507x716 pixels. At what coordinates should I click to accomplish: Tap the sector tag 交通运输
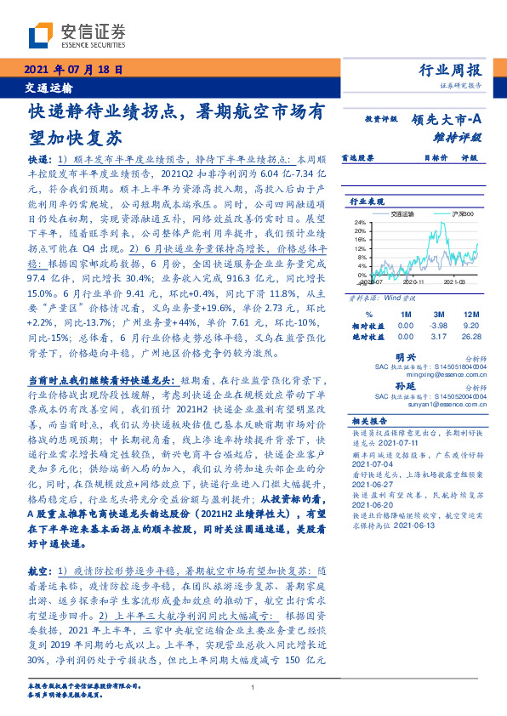(48, 88)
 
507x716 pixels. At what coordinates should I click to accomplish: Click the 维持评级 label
(458, 136)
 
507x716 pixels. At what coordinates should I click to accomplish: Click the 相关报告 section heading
(369, 421)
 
